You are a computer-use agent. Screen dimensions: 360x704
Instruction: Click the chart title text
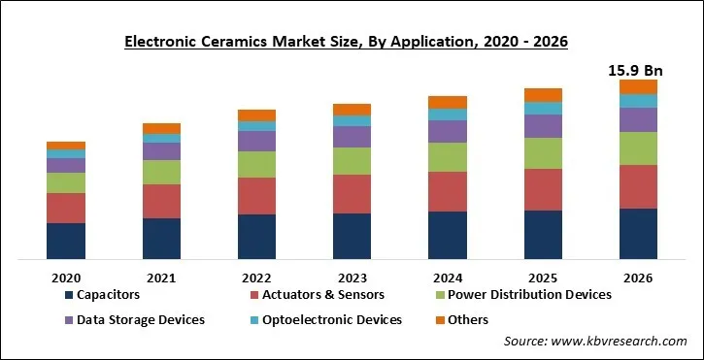352,42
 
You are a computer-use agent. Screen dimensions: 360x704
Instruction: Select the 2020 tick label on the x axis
65,277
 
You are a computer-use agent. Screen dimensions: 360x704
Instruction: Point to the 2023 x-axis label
352,277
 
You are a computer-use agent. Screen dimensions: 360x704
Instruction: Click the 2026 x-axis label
638,277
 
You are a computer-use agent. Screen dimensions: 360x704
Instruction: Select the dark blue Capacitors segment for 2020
65,242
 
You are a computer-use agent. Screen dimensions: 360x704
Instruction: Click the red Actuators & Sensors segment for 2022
256,196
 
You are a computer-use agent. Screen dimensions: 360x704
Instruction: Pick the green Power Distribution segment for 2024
447,157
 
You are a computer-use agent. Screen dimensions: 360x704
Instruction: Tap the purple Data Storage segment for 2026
638,119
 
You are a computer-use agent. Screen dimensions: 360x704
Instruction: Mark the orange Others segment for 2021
161,128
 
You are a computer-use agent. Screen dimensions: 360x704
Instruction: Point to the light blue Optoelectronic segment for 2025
543,109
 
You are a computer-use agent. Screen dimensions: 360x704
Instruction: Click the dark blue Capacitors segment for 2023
352,237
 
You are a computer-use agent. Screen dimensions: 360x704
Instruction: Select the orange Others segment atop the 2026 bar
638,86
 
